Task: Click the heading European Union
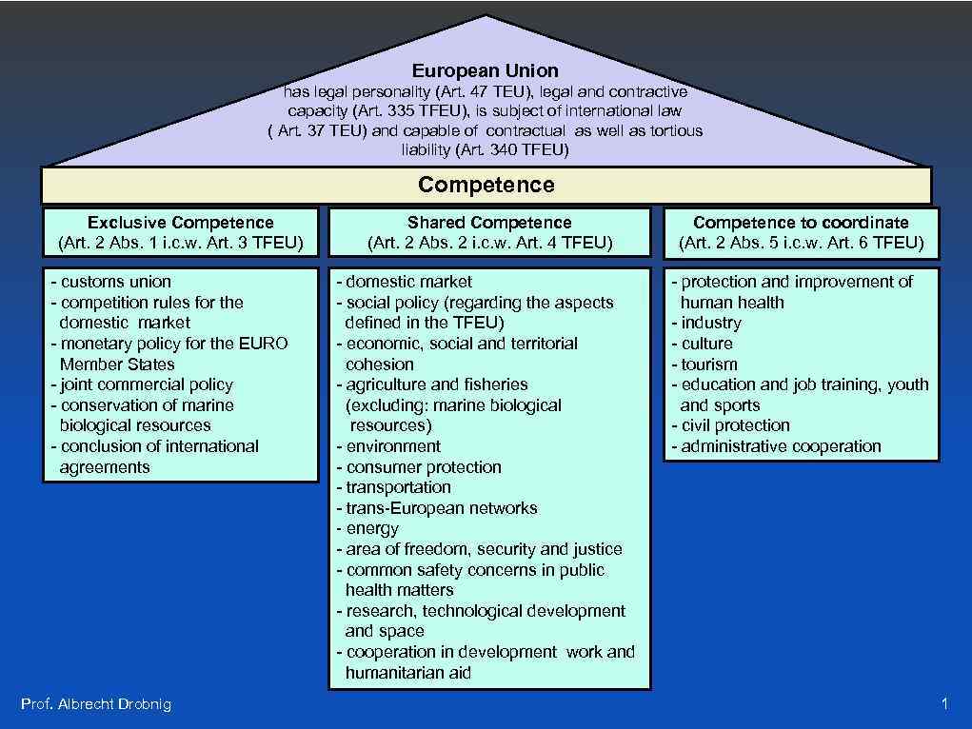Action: point(486,70)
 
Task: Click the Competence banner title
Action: point(486,185)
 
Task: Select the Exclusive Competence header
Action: point(180,223)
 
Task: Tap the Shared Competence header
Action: point(489,223)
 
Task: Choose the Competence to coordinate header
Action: point(801,223)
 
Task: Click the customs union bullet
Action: point(111,282)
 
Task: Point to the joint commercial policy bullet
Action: point(142,384)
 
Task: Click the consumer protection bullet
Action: point(418,467)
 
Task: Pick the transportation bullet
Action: point(393,487)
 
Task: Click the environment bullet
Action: point(388,446)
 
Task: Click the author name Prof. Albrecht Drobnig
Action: point(96,704)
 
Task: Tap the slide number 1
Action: point(943,704)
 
